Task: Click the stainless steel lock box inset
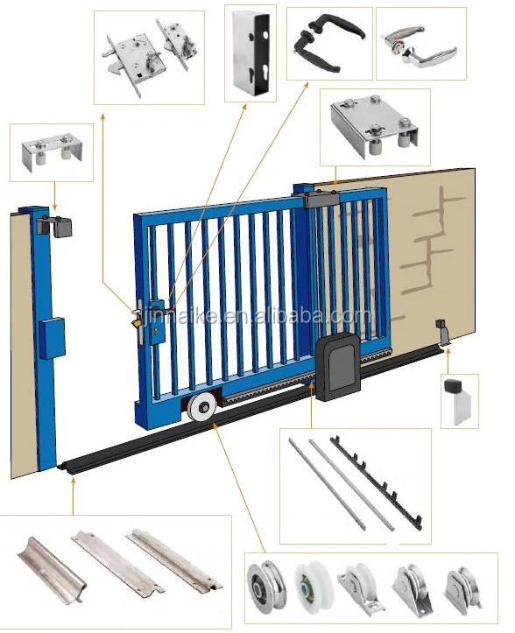249,53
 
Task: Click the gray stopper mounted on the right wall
441,333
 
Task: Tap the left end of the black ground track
66,470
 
